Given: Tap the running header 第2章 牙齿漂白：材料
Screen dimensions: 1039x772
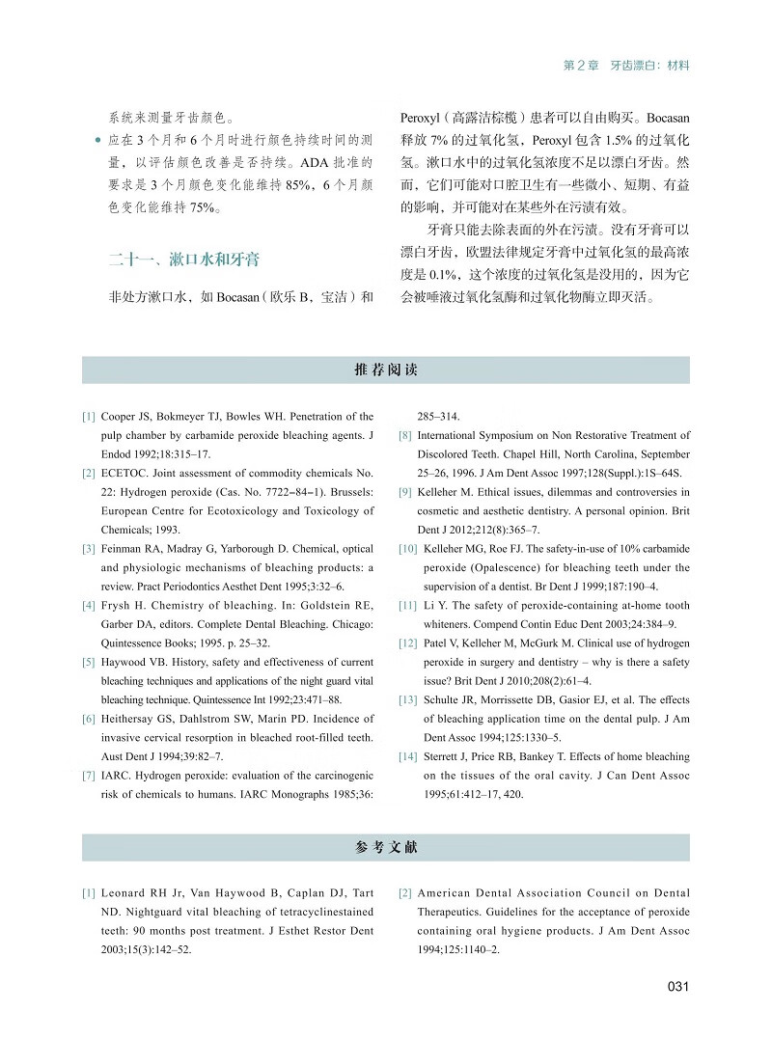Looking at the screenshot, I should click(626, 66).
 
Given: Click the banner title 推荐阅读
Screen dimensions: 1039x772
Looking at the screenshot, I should click(386, 370).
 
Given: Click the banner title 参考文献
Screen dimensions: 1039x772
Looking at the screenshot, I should click(386, 847).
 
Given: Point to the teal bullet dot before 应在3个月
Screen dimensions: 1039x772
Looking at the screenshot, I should click(97, 141).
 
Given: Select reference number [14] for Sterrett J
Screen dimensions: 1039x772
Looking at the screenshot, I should click(406, 756).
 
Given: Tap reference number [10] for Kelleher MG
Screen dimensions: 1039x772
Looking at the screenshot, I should click(406, 548).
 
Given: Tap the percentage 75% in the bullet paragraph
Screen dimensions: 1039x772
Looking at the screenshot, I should click(205, 205).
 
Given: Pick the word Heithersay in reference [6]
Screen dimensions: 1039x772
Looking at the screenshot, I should click(131, 719).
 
